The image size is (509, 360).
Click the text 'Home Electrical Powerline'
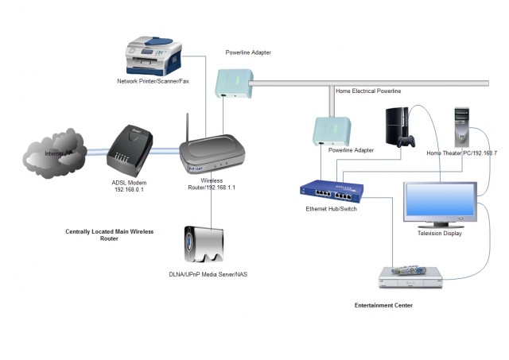click(x=368, y=91)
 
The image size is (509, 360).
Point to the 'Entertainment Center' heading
click(x=388, y=305)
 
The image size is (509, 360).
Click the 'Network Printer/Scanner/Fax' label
click(x=153, y=81)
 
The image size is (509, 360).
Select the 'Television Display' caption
click(x=440, y=234)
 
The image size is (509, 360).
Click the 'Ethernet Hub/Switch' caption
click(x=332, y=209)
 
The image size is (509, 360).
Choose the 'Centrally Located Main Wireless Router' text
click(x=109, y=234)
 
